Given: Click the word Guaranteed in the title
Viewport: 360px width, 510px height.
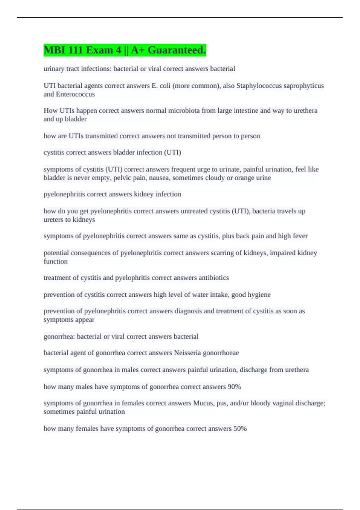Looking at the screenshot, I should click(x=176, y=50).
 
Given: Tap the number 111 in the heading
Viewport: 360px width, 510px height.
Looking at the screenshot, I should click(x=75, y=50).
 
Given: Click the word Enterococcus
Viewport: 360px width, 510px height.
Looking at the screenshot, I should click(x=75, y=94).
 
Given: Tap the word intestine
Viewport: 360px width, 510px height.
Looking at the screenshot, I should click(x=244, y=111).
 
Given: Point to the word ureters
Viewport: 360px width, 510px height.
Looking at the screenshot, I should click(x=53, y=220).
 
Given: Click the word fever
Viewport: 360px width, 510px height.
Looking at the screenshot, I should click(x=300, y=236).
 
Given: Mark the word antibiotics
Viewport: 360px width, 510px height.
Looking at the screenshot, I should click(x=214, y=278).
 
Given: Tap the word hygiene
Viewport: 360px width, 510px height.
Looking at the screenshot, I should click(x=259, y=295).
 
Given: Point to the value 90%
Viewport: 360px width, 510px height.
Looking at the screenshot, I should click(x=234, y=387).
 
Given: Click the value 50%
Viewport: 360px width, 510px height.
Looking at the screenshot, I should click(x=240, y=429).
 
